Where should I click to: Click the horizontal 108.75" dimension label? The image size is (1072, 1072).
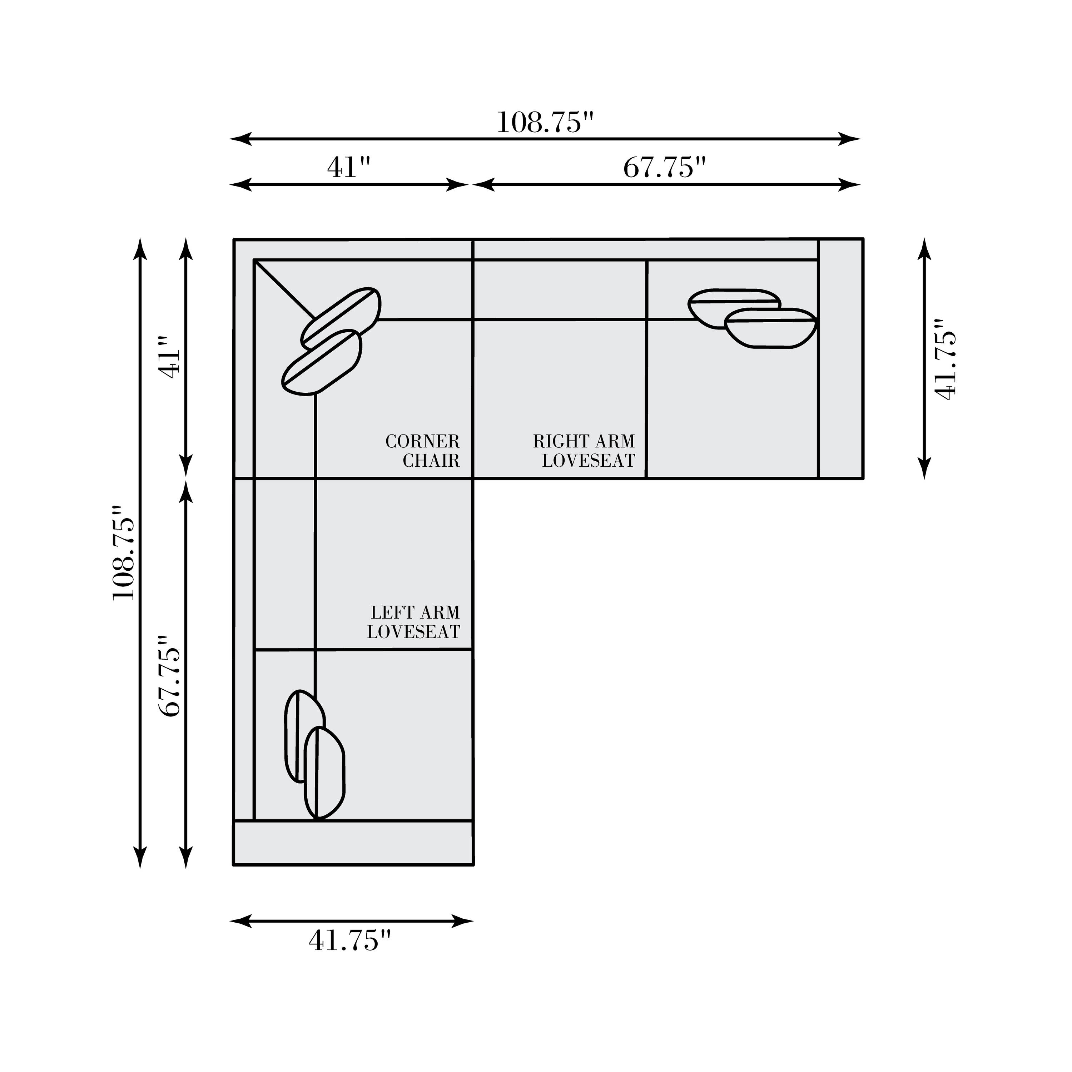545,123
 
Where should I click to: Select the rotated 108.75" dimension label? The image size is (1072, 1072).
124,553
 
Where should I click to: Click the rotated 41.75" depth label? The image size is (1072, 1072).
946,359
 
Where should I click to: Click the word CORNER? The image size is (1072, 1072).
423,442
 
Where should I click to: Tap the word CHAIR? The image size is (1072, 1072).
431,461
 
